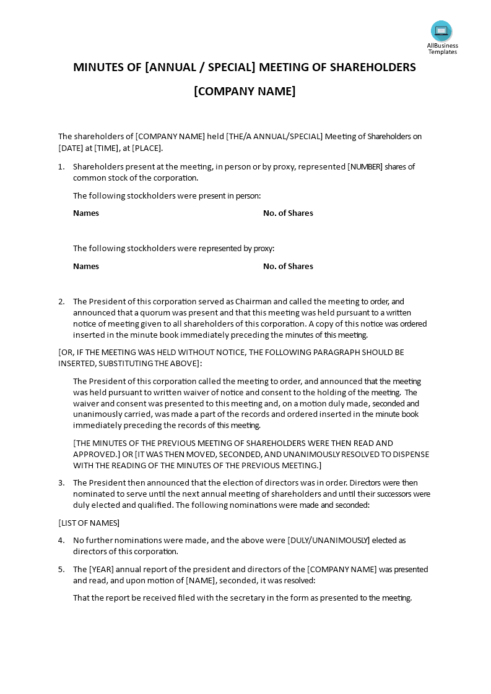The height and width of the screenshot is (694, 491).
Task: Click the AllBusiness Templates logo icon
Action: pyautogui.click(x=441, y=31)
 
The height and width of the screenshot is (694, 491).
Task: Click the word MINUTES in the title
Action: pyautogui.click(x=98, y=67)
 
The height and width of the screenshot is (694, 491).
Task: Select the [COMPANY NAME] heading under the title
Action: pyautogui.click(x=245, y=92)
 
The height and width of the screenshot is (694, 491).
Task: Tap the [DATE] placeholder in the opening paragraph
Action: pyautogui.click(x=70, y=148)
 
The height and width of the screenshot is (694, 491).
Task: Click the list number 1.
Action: pyautogui.click(x=61, y=166)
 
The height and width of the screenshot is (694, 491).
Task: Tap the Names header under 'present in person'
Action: pyautogui.click(x=86, y=213)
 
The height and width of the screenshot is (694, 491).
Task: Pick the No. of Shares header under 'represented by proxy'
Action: pyautogui.click(x=288, y=266)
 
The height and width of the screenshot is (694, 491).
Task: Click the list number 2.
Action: pyautogui.click(x=61, y=301)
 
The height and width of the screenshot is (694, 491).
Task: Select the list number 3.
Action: pyautogui.click(x=61, y=482)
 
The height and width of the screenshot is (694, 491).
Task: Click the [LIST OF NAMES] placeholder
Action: pyautogui.click(x=89, y=523)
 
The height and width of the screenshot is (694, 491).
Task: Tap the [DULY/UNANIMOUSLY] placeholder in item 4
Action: pyautogui.click(x=328, y=540)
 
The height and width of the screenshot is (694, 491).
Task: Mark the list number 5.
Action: pyautogui.click(x=61, y=569)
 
